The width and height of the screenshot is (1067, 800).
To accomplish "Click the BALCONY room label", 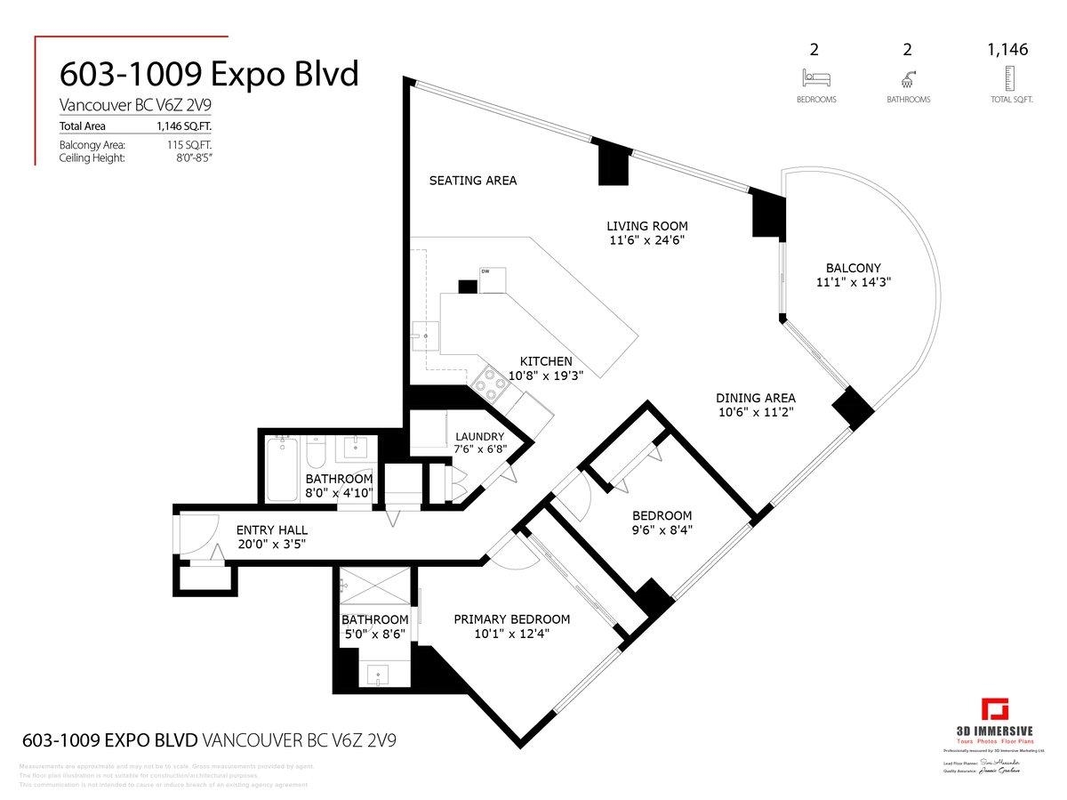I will pos(853,268).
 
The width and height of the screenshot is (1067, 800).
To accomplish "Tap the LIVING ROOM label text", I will pos(646,226).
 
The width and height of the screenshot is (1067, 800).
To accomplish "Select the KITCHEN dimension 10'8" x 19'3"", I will pos(546,376).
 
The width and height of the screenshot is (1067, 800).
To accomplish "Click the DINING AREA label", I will pos(756,398).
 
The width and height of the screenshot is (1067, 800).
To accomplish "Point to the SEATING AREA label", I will pos(472,181).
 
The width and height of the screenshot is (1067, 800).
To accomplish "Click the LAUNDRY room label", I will pos(480,436).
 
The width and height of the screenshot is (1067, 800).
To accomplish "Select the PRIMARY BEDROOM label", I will pos(511,619).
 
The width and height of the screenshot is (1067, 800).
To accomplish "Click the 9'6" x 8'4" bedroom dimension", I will pos(662,530).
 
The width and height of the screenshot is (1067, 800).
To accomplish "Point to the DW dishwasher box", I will pos(492,279).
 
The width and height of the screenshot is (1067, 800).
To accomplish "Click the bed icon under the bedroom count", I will pos(815,77).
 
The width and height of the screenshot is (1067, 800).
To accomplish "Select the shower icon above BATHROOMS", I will pos(909,77).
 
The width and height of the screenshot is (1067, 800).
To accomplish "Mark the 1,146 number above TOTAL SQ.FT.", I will pos(1007,51).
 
